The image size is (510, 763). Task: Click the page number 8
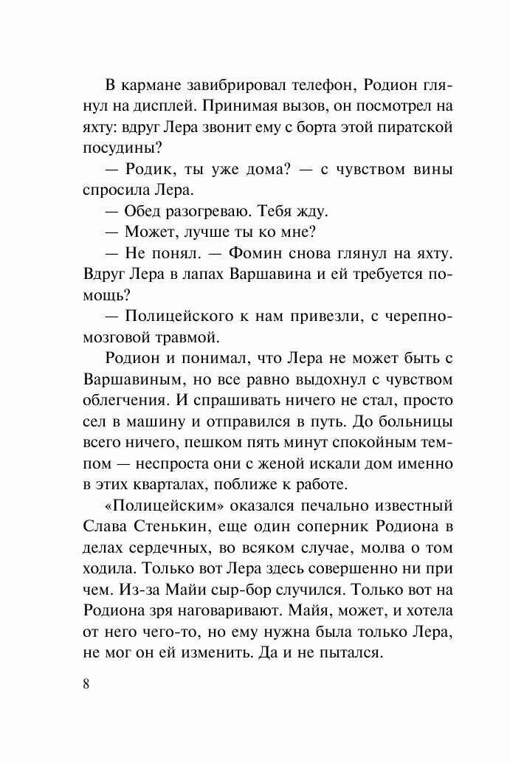coord(86,683)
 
